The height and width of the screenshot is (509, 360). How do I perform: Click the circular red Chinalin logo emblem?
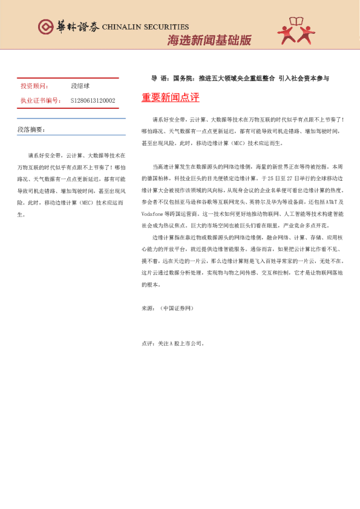(x=45, y=27)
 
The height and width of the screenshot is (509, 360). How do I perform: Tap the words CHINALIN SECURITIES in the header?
(x=145, y=27)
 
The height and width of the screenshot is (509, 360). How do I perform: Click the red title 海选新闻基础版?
(x=209, y=41)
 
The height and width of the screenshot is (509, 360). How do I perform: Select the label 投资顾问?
(x=34, y=86)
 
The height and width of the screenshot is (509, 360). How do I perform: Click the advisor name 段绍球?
(x=80, y=86)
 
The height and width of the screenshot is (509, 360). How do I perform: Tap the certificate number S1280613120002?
(x=93, y=100)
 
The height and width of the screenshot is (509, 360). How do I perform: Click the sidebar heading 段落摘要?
(x=31, y=129)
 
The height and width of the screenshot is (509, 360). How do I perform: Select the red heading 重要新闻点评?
(x=170, y=97)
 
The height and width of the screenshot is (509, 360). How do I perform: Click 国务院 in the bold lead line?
(x=181, y=78)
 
